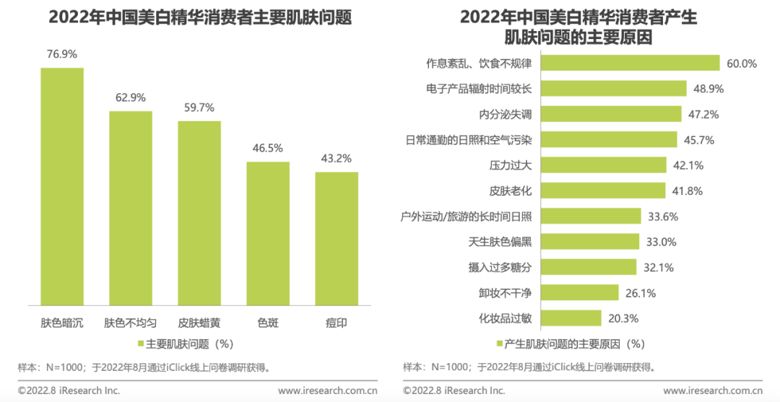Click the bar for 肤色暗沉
pyautogui.click(x=62, y=185)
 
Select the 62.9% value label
pyautogui.click(x=131, y=97)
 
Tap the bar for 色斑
pyautogui.click(x=268, y=232)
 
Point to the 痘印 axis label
pyautogui.click(x=337, y=323)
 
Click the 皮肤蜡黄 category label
pyautogui.click(x=199, y=323)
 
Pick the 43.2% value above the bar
pyautogui.click(x=337, y=158)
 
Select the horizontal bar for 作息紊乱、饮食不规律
pyautogui.click(x=630, y=64)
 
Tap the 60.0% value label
pyautogui.click(x=742, y=64)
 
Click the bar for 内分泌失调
pyautogui.click(x=611, y=114)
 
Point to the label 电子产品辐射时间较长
pyautogui.click(x=479, y=89)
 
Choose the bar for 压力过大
pyautogui.click(x=603, y=165)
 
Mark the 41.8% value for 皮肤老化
pyautogui.click(x=687, y=191)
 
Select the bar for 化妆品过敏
pyautogui.click(x=571, y=318)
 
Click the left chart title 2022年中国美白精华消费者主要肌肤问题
pyautogui.click(x=200, y=17)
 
